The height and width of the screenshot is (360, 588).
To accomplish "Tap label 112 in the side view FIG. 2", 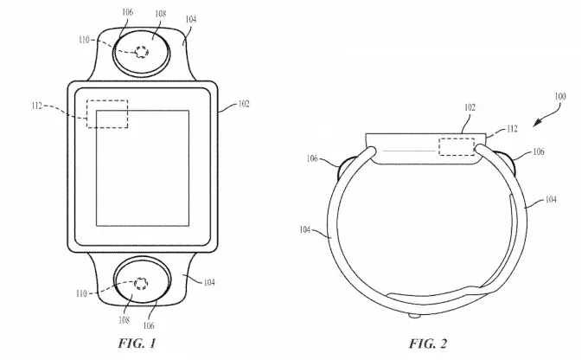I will click(512, 129).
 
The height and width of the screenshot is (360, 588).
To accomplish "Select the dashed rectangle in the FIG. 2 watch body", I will click(458, 147).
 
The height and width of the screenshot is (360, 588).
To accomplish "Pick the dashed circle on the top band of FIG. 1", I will click(138, 52).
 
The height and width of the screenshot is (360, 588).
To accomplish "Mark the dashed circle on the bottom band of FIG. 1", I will click(137, 283).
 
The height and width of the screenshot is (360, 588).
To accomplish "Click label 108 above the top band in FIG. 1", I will click(161, 14).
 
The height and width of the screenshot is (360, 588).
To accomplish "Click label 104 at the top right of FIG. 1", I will click(189, 17).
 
